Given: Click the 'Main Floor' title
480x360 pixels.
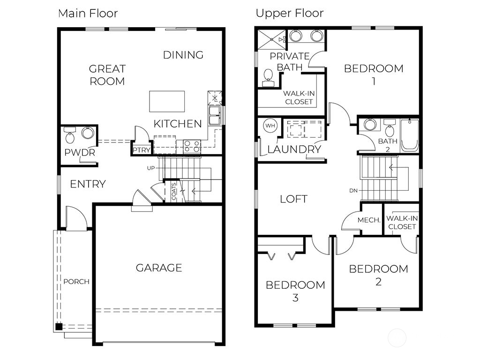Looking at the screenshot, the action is [x=88, y=14].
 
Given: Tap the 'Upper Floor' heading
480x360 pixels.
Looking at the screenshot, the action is [x=290, y=13].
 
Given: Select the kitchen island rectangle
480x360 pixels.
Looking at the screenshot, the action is [x=167, y=101].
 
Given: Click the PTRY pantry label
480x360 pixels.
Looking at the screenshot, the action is [x=142, y=150].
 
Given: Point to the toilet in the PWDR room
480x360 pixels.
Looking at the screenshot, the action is [x=70, y=135].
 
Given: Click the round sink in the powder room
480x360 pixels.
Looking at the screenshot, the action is [x=88, y=133].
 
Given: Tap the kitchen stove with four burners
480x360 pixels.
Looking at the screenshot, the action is [x=192, y=146].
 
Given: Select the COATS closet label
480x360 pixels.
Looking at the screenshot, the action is [x=174, y=191].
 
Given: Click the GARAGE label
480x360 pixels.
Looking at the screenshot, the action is [x=159, y=268].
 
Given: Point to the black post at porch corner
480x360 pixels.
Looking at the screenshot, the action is [x=59, y=326].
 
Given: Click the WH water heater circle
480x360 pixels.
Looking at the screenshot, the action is [x=270, y=126].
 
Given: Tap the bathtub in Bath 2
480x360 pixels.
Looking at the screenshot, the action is [x=410, y=135].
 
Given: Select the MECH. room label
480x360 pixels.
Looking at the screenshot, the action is [x=369, y=220].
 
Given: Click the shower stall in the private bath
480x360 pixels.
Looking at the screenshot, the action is [x=272, y=39].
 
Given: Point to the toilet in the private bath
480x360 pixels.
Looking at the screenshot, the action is [x=268, y=78].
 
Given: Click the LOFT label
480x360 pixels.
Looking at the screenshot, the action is [x=293, y=199].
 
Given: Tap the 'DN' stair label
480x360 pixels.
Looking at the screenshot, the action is [x=353, y=190].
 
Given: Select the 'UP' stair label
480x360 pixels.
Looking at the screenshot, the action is [x=151, y=168].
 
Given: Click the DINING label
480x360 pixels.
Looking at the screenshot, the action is [x=183, y=55].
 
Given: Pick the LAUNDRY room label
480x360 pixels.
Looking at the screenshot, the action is [x=294, y=150].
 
